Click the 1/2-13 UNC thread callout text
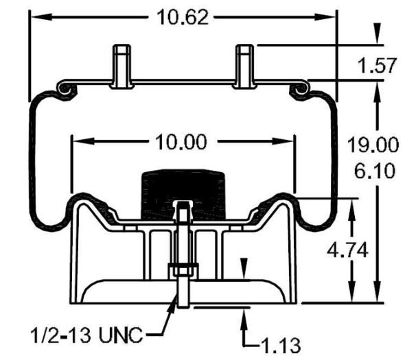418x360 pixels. coord(86,337)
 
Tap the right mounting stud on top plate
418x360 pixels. coord(244,66)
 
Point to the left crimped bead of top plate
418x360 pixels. coord(65,88)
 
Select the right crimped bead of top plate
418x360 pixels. coord(300,88)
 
